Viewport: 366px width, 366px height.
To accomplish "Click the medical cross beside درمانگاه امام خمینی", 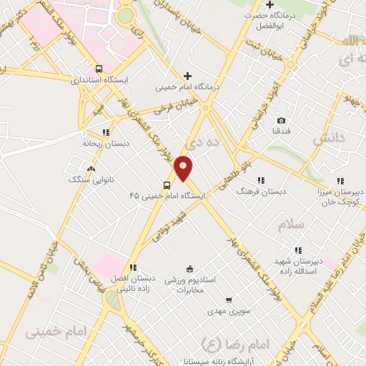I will [187, 76].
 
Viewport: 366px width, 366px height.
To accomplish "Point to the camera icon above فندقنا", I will [281, 120].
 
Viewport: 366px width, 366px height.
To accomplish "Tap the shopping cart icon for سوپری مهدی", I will [228, 301].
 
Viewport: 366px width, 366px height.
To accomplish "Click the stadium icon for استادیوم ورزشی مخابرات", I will [189, 269].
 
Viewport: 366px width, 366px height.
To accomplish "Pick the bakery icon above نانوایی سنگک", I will [91, 169].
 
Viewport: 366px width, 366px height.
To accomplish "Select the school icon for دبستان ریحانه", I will [106, 132].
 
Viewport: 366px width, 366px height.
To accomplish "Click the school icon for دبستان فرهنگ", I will [261, 181].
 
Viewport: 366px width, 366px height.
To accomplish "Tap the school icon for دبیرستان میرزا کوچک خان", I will [340, 181].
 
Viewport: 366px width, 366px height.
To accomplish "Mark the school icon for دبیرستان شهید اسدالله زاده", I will [297, 249].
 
